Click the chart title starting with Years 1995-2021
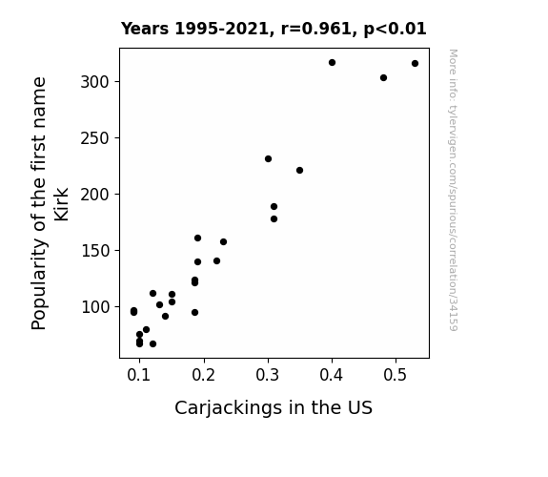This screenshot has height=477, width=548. [274, 29]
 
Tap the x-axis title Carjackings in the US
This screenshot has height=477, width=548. [274, 407]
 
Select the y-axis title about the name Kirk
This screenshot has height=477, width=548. [50, 203]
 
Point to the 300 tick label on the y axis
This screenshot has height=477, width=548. [94, 82]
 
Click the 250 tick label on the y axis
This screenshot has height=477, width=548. [94, 138]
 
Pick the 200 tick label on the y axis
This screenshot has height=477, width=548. [94, 195]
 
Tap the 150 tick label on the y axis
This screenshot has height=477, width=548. [94, 251]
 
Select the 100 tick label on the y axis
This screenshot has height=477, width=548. [94, 307]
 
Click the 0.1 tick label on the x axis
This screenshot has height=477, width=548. [139, 375]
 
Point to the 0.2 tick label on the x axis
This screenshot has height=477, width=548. [203, 375]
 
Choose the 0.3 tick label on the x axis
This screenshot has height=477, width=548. [268, 375]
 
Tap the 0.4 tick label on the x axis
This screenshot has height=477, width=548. [332, 375]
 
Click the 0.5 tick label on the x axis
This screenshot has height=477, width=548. [396, 375]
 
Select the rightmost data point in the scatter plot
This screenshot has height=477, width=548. [415, 63]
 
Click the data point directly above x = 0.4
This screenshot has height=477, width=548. [332, 62]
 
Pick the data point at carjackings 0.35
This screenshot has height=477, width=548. [299, 170]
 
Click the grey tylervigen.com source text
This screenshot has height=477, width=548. [453, 190]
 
